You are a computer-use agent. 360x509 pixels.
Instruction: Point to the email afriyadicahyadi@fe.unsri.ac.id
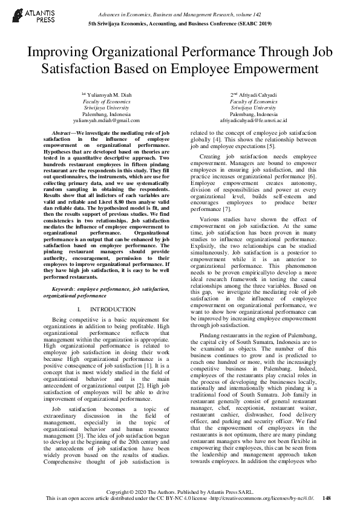point(254,120)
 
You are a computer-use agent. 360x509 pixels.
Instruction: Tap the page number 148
point(327,498)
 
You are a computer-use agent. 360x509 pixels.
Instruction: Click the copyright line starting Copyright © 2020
point(180,491)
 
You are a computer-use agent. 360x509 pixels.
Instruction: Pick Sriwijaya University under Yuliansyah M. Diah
point(106,108)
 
